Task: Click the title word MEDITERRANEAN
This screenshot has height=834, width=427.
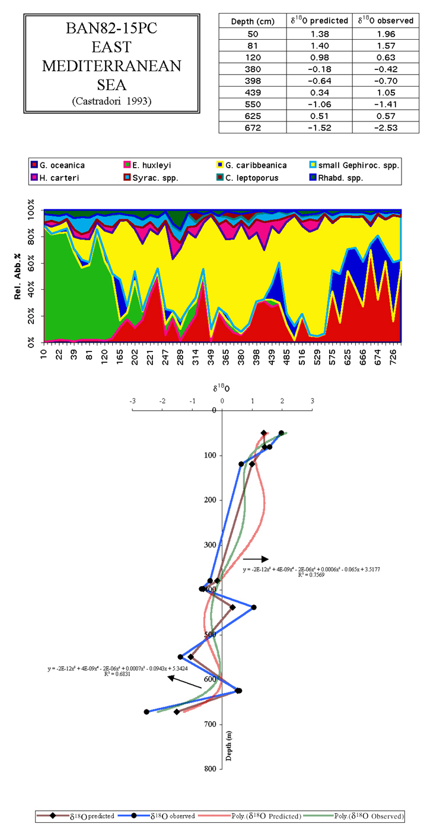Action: tap(111, 66)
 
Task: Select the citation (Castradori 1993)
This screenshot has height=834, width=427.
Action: tap(111, 101)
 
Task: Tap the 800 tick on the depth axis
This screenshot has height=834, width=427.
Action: tap(211, 769)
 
